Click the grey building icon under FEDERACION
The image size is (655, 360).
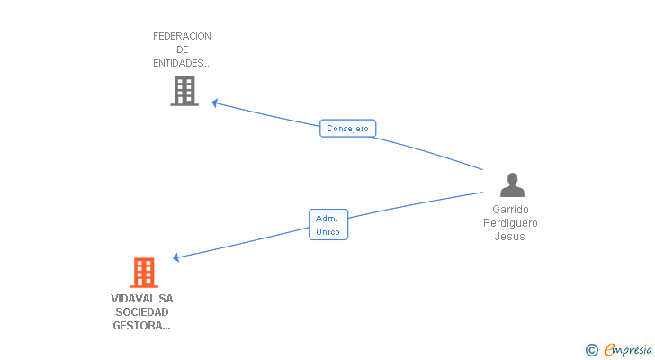pyautogui.click(x=184, y=91)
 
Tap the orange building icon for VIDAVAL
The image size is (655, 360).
pyautogui.click(x=143, y=272)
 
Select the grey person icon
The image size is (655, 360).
pyautogui.click(x=512, y=184)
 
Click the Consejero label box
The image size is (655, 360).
pyautogui.click(x=347, y=129)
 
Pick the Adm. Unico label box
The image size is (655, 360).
pyautogui.click(x=327, y=224)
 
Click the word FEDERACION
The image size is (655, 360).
pyautogui.click(x=182, y=36)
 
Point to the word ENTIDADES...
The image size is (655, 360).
pyautogui.click(x=180, y=63)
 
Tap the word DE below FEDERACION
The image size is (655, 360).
pyautogui.click(x=183, y=49)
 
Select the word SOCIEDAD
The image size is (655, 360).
pyautogui.click(x=142, y=311)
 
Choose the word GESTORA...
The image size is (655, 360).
pyautogui.click(x=139, y=325)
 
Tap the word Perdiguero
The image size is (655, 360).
pyautogui.click(x=509, y=223)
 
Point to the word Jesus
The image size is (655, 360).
pyautogui.click(x=509, y=237)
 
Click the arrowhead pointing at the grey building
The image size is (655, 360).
pyautogui.click(x=215, y=103)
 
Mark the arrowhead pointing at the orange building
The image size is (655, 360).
pyautogui.click(x=176, y=258)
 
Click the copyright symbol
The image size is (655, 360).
pyautogui.click(x=591, y=350)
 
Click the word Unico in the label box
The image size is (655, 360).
pyautogui.click(x=327, y=231)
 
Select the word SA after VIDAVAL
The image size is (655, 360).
pyautogui.click(x=166, y=298)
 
